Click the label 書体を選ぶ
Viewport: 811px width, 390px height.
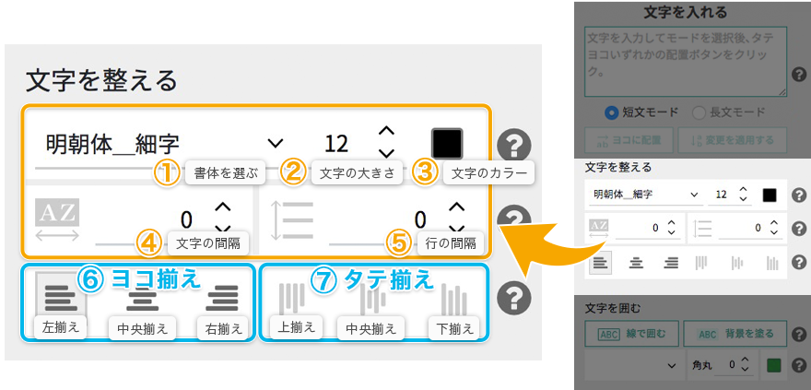click(226, 172)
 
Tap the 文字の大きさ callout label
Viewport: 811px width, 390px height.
click(356, 172)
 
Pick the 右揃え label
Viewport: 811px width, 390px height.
click(222, 328)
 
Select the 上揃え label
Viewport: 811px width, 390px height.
click(297, 327)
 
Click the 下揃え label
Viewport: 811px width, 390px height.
click(454, 328)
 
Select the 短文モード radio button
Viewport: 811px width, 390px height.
click(611, 112)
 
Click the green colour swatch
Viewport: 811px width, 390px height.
click(772, 365)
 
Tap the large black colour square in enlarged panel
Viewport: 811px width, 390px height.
click(447, 143)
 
